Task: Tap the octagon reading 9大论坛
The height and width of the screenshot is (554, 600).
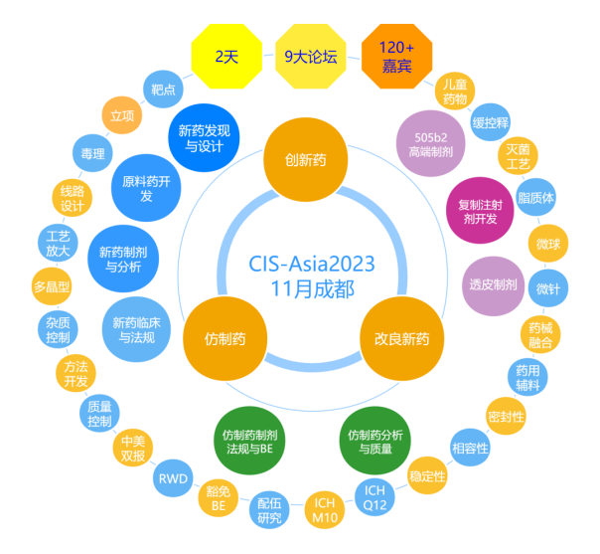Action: point(310,57)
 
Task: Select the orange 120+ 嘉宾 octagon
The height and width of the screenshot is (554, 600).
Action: point(395,58)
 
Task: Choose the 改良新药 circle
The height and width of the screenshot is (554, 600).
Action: point(394,338)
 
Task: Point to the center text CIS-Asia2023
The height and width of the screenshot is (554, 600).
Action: point(311,264)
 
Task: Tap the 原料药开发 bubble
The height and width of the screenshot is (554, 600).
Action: point(146,189)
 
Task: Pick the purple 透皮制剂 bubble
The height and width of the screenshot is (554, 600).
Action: point(494,284)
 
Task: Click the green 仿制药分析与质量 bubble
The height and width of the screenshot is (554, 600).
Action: point(375,441)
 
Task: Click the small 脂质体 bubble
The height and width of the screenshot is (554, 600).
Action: point(536,198)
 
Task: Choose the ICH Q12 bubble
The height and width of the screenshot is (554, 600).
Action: point(375,497)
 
